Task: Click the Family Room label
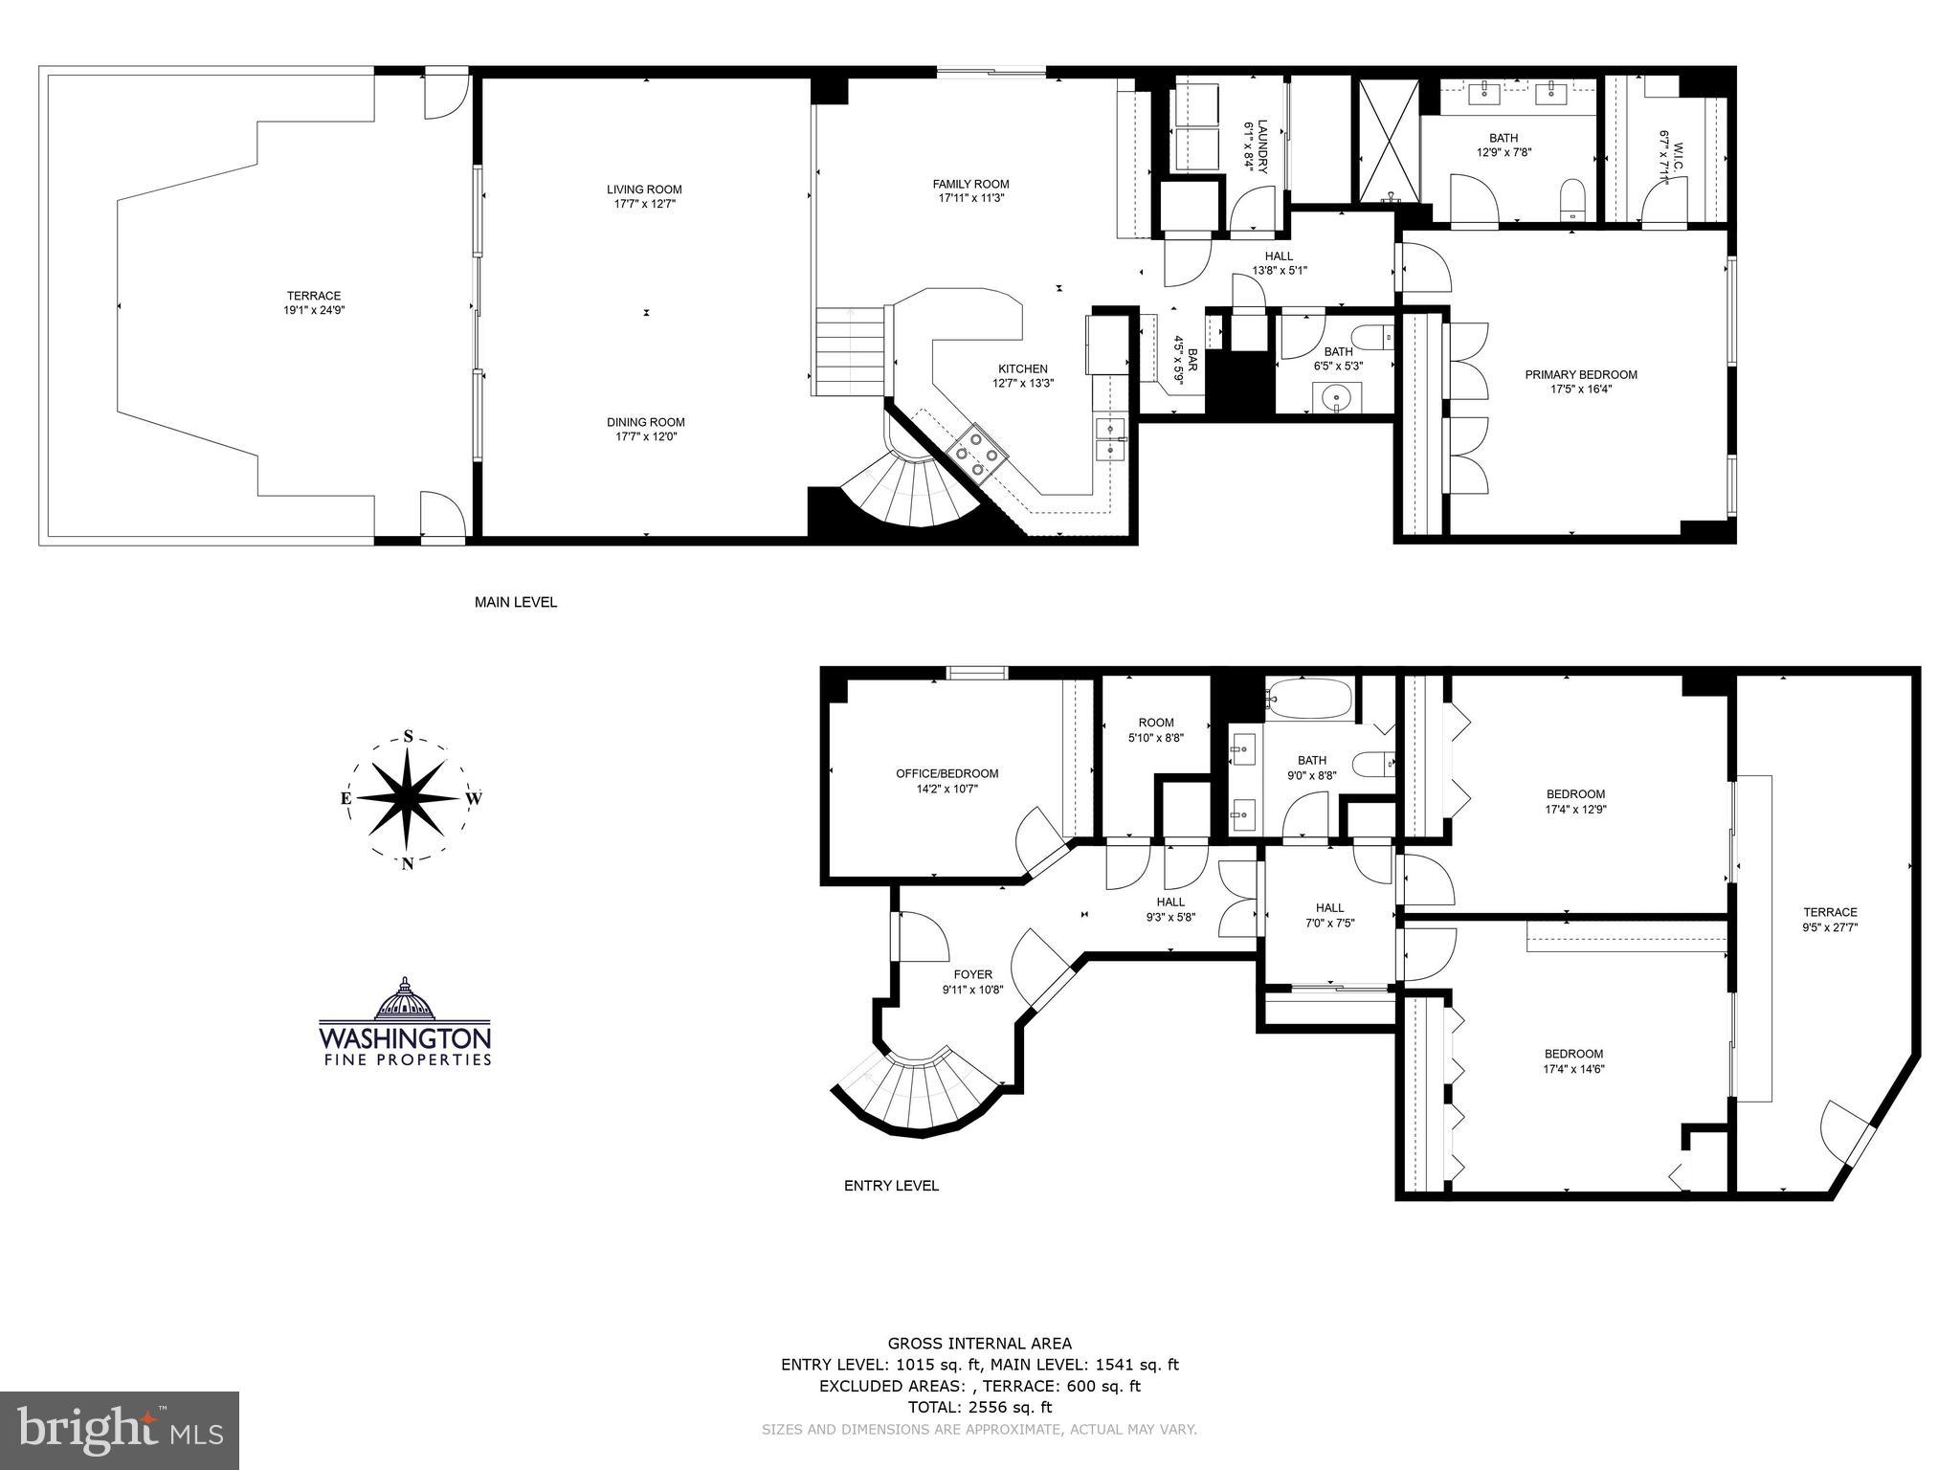[970, 184]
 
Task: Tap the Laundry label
[1261, 146]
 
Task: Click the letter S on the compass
[409, 737]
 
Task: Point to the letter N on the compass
[408, 863]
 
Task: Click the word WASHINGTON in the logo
[405, 1038]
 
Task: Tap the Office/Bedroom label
[947, 773]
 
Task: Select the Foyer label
[971, 974]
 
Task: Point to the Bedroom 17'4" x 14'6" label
[1573, 1054]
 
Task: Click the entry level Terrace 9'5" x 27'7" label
[1829, 912]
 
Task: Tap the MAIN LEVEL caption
[516, 602]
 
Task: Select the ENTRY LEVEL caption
[891, 1186]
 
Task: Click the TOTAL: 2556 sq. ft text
[979, 1407]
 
